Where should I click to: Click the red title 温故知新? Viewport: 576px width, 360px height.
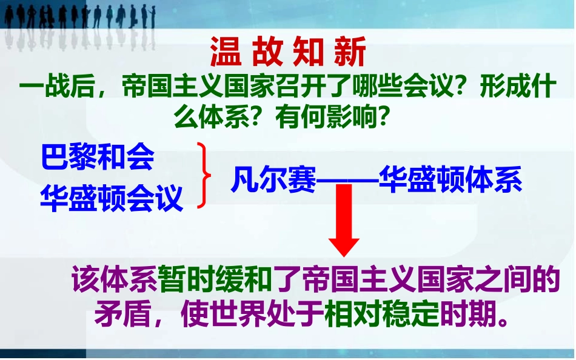click(x=288, y=53)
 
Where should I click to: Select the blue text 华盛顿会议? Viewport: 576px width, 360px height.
click(x=112, y=198)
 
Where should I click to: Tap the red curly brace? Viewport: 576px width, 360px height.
click(x=204, y=176)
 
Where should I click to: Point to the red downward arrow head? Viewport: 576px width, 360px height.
click(x=344, y=245)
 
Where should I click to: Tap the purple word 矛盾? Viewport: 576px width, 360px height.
click(x=119, y=315)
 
